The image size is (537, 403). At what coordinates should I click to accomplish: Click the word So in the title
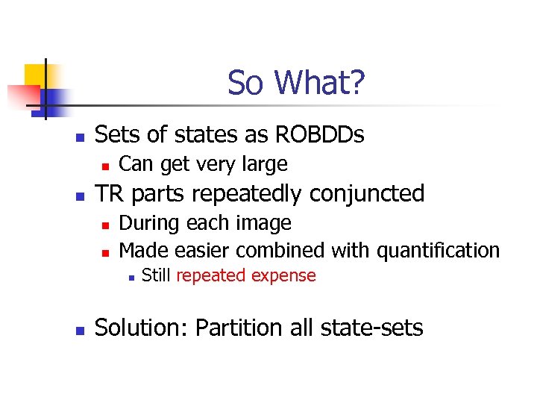click(x=245, y=83)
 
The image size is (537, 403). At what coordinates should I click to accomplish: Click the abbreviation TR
click(x=110, y=193)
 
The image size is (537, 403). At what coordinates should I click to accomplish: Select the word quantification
click(x=438, y=250)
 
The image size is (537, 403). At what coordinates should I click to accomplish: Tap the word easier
click(x=206, y=250)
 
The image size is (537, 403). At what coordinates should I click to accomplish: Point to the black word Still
click(x=157, y=275)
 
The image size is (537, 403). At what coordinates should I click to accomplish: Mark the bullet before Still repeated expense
click(x=130, y=277)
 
